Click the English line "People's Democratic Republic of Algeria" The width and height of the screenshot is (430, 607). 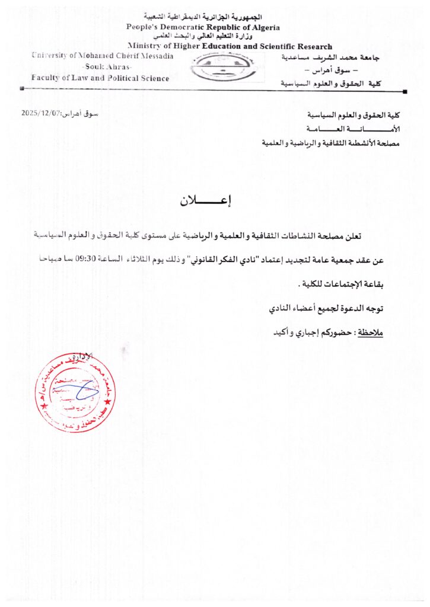203,27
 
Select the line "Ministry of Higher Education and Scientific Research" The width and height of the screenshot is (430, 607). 230,46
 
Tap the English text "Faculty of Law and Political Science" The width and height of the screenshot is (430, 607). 100,78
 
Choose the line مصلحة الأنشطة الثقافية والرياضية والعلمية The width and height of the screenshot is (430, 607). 332,143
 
